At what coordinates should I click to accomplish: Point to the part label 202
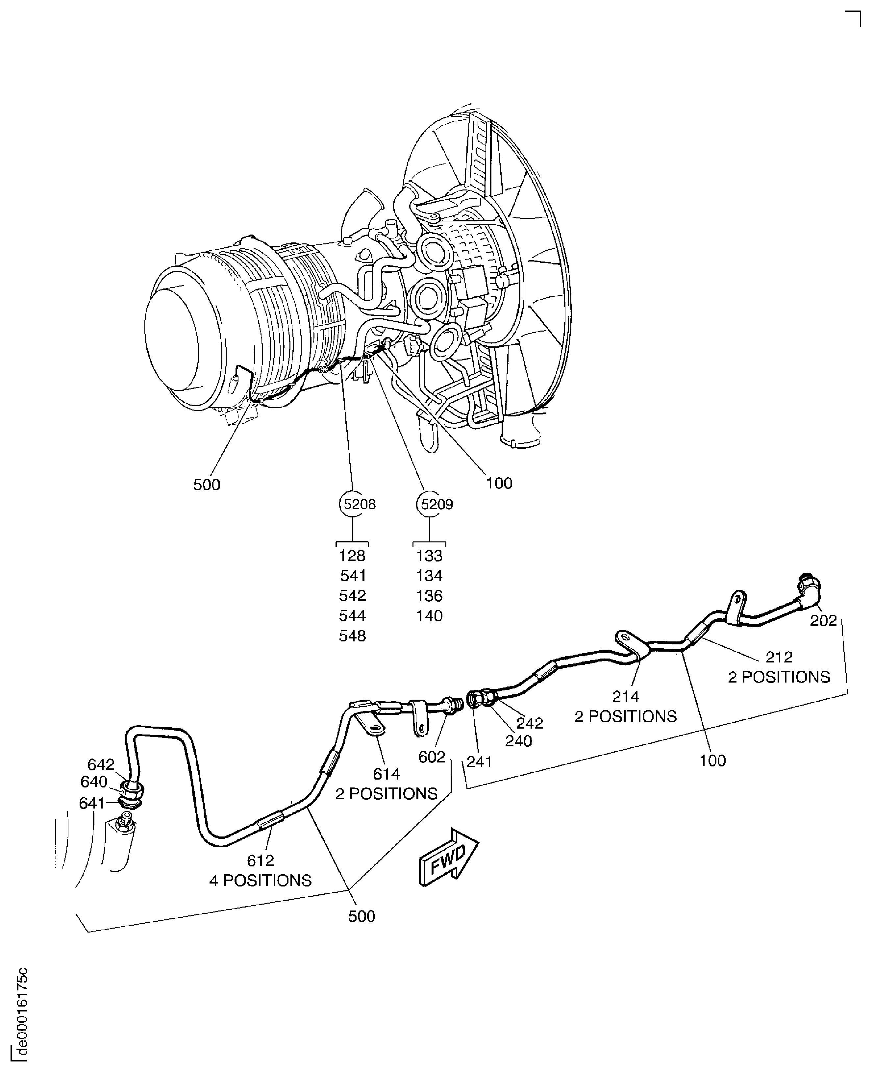(x=823, y=621)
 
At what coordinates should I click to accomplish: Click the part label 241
(x=479, y=762)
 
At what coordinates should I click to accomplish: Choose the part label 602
(x=432, y=757)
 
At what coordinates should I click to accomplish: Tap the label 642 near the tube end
(x=101, y=764)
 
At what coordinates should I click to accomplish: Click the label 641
(x=92, y=803)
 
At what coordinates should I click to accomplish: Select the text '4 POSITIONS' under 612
(x=260, y=881)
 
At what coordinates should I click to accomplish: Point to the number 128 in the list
(x=352, y=556)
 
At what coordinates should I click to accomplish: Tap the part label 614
(x=386, y=774)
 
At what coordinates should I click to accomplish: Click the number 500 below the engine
(x=207, y=485)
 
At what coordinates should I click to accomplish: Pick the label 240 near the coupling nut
(x=518, y=741)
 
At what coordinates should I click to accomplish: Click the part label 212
(x=779, y=657)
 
